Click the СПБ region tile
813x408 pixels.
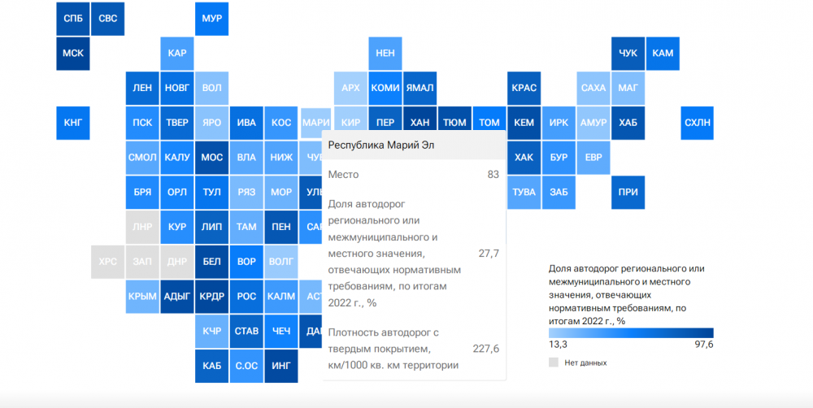[x=72, y=18]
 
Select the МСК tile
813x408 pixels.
[x=72, y=53]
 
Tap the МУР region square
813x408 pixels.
[x=211, y=18]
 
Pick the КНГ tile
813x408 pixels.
[x=72, y=123]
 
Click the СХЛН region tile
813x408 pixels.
[x=698, y=123]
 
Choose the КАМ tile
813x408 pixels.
[x=663, y=53]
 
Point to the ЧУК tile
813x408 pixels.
[x=628, y=53]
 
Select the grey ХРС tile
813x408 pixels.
[x=107, y=262]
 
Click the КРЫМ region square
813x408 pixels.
[x=142, y=297]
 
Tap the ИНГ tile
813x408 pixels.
[x=281, y=366]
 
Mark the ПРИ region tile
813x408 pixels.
[x=628, y=193]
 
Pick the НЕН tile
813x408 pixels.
[x=385, y=53]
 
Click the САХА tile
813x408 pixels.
[x=593, y=88]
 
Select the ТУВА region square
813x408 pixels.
[x=524, y=193]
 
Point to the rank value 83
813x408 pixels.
[x=493, y=174]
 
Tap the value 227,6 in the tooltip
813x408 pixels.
[x=485, y=349]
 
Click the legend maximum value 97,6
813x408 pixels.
[x=700, y=345]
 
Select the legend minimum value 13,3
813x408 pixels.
[x=558, y=345]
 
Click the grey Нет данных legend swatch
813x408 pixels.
[x=554, y=362]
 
